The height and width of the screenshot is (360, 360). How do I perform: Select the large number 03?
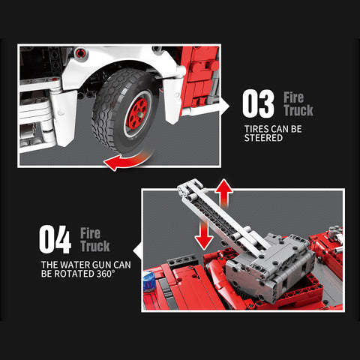point(258,105)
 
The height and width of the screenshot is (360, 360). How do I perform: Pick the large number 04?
point(55,240)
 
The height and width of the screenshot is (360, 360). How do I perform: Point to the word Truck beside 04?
point(94,246)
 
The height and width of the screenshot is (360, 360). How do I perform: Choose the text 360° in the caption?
point(103,274)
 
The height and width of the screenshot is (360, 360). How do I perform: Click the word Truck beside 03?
point(298,111)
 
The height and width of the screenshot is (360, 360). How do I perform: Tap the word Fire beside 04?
point(91,232)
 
